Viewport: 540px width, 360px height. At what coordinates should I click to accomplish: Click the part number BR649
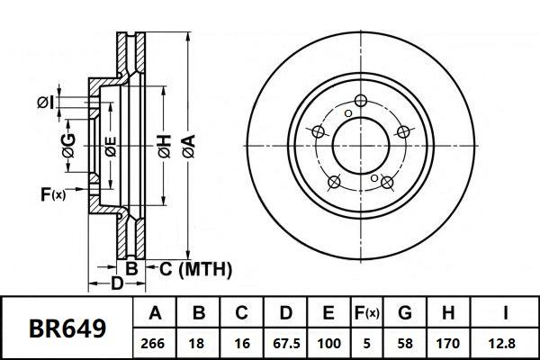[67, 328]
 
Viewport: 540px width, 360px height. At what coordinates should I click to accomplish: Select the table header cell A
[155, 313]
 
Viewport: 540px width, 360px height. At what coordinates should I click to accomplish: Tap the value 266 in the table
[155, 344]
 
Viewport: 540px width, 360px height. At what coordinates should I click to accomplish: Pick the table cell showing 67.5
[285, 344]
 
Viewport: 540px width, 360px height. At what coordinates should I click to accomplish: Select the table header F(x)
[365, 313]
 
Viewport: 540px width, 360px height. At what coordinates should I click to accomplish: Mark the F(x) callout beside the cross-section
[53, 193]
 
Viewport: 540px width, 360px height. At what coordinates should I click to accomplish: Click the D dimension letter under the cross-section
[117, 285]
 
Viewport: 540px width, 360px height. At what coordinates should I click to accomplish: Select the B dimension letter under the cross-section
[131, 268]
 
